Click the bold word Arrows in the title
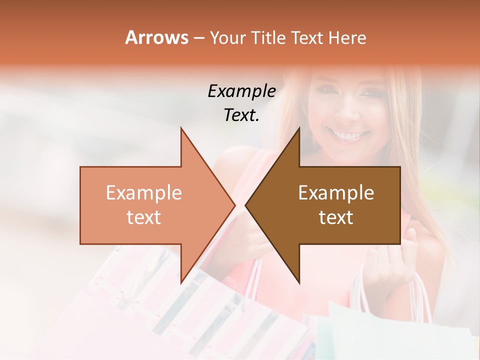pyautogui.click(x=156, y=37)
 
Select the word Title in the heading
pyautogui.click(x=268, y=37)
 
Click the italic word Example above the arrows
pyautogui.click(x=241, y=91)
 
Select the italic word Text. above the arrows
pyautogui.click(x=241, y=115)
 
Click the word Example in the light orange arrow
pyautogui.click(x=143, y=193)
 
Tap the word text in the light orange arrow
pyautogui.click(x=143, y=217)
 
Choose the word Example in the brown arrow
pyautogui.click(x=336, y=193)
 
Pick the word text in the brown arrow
pyautogui.click(x=336, y=217)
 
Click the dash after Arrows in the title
pyautogui.click(x=198, y=38)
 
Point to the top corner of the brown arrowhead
pyautogui.click(x=299, y=128)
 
